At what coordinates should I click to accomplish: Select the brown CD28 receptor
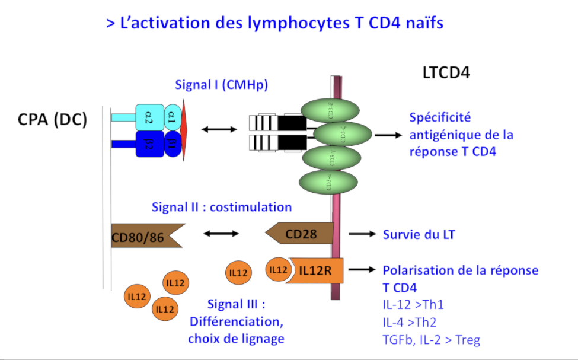coord(299,234)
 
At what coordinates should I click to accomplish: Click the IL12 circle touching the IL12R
coord(277,270)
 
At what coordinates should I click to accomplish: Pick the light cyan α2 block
coord(149,116)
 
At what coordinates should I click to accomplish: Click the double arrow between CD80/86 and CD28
coord(221,234)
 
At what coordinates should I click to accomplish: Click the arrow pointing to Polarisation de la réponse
coord(363,270)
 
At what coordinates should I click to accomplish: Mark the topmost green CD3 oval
coord(330,111)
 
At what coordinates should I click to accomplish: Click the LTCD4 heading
coord(446,73)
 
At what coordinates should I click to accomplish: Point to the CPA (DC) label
coord(52,119)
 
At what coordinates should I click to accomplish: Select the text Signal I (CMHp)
coord(221,84)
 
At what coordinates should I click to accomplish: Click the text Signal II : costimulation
coord(222,207)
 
